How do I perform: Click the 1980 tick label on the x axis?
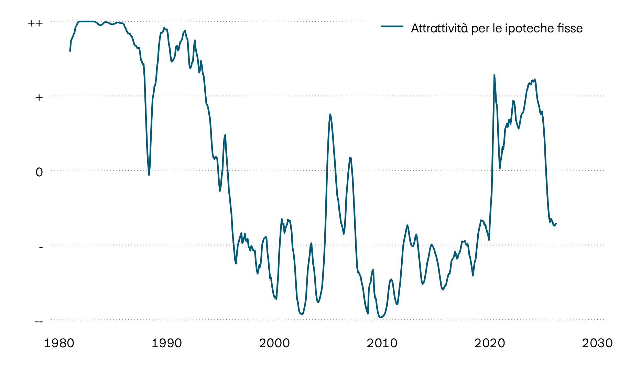[x=59, y=343]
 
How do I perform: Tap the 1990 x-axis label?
[x=167, y=343]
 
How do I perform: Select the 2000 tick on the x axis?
[x=274, y=343]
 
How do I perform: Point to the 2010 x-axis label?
[x=382, y=343]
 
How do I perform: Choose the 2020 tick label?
[x=490, y=343]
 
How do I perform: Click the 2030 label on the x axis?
[x=597, y=343]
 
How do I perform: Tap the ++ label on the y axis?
[x=35, y=23]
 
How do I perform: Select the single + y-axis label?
[x=39, y=97]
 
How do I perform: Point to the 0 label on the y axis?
[x=39, y=172]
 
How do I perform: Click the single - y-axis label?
[x=41, y=247]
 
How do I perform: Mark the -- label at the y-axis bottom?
[x=39, y=322]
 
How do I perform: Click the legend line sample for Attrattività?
[x=392, y=27]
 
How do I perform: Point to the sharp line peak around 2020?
[x=494, y=75]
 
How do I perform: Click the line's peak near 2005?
[x=330, y=114]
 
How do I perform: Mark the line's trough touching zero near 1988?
[x=149, y=175]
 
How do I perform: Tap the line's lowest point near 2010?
[x=380, y=318]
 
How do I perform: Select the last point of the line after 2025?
[x=556, y=224]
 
